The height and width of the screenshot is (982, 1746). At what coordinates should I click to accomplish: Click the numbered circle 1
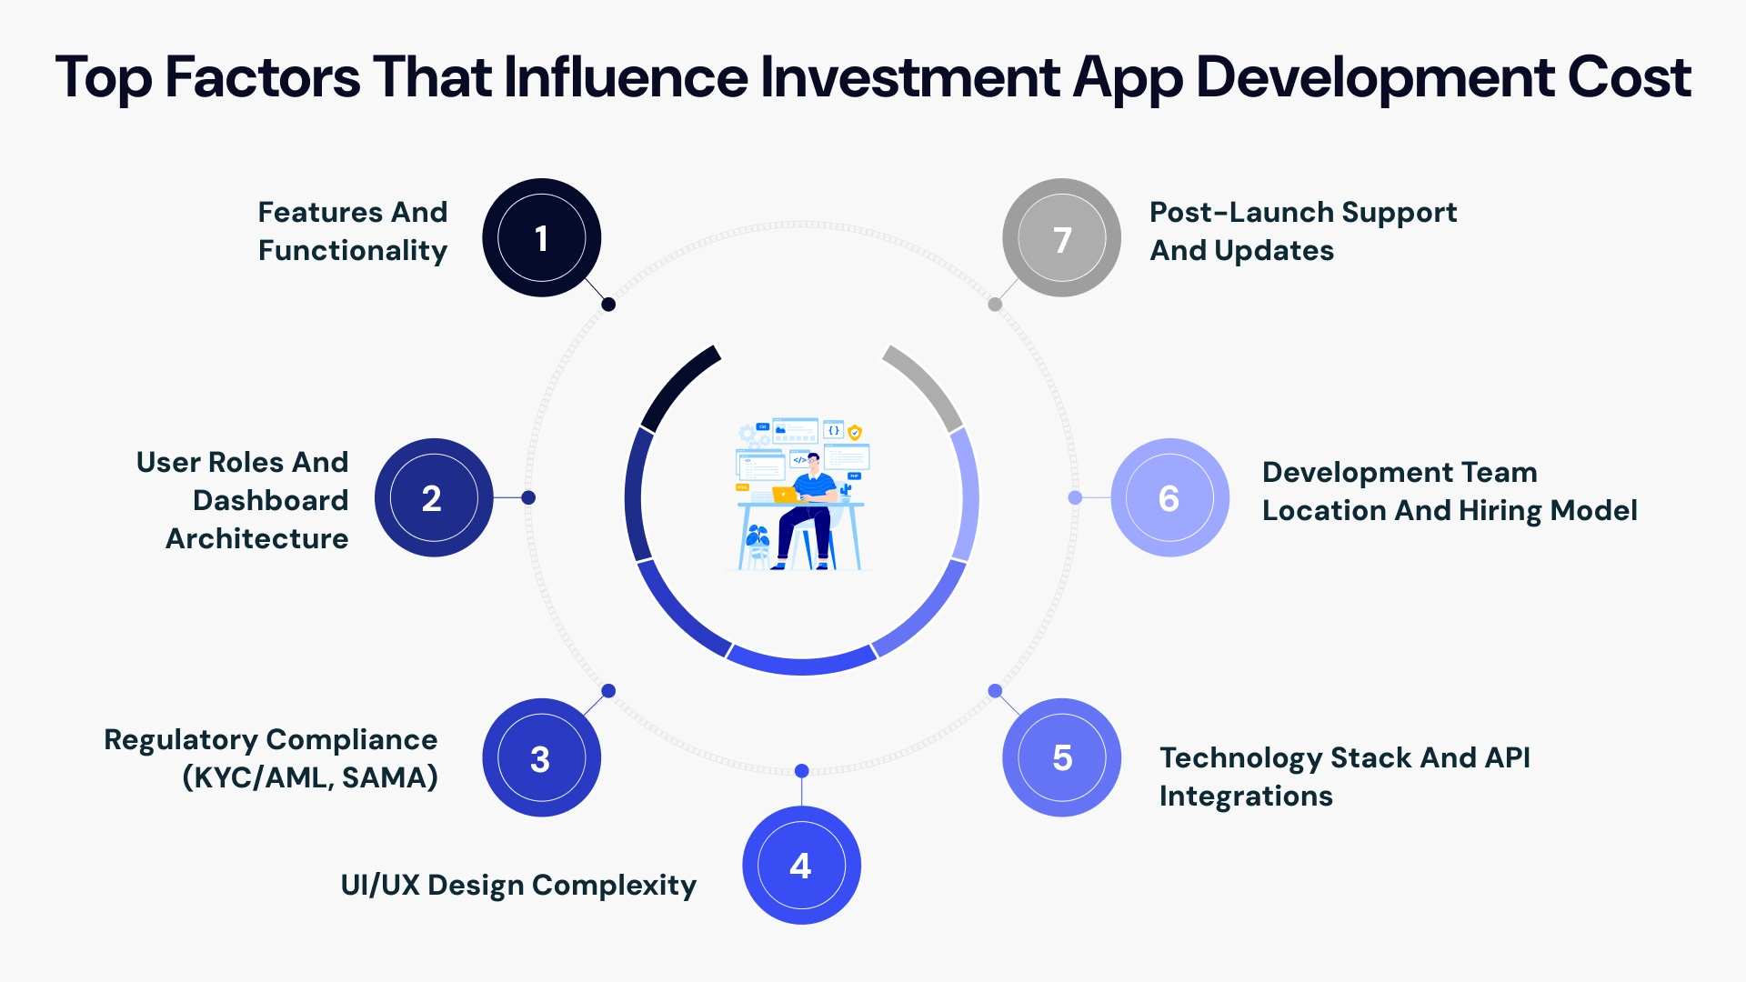[x=541, y=238]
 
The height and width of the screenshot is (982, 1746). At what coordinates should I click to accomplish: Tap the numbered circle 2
[x=433, y=498]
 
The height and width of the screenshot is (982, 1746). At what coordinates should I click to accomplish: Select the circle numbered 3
[x=541, y=757]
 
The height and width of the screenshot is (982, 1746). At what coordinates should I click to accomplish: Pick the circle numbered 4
[x=801, y=866]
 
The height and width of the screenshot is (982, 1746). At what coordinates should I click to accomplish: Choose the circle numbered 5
[x=1061, y=757]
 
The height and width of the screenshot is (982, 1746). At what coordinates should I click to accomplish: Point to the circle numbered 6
[x=1169, y=498]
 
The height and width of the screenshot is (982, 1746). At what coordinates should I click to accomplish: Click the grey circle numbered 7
[x=1061, y=238]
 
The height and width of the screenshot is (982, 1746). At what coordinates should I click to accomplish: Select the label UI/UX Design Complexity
[x=518, y=885]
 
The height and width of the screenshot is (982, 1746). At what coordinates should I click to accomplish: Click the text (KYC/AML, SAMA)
[x=310, y=777]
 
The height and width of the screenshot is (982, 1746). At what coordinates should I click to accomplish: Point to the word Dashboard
[x=270, y=500]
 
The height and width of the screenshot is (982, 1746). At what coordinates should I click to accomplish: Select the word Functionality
[x=353, y=251]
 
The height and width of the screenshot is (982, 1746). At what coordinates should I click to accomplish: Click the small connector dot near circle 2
[x=528, y=497]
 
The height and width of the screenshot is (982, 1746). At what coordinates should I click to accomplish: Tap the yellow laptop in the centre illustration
[x=783, y=495]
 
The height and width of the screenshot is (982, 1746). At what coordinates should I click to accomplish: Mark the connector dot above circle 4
[x=801, y=771]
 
